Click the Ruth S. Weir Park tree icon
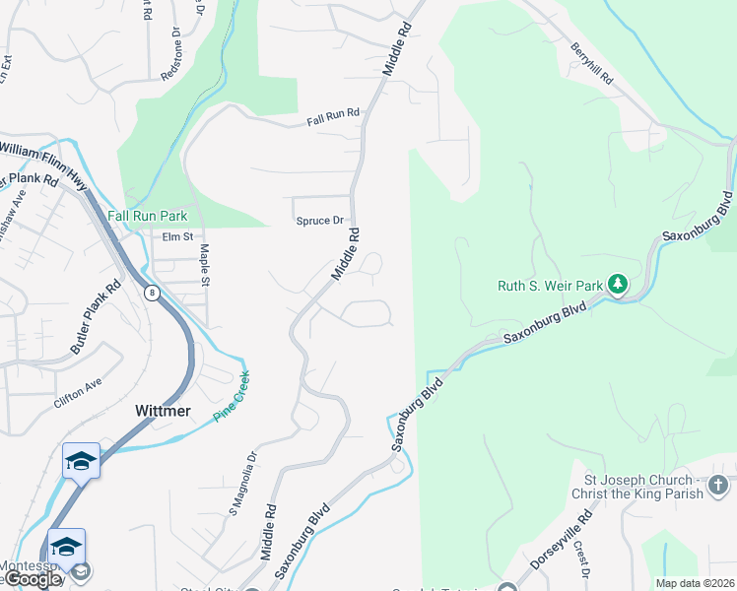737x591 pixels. click(618, 285)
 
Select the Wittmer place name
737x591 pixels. click(163, 410)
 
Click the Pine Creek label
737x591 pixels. click(233, 397)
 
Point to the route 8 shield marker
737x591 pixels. click(152, 293)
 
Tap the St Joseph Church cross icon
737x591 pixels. click(718, 486)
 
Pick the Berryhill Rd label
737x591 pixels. click(591, 62)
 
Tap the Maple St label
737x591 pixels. click(205, 266)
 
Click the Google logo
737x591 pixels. click(32, 579)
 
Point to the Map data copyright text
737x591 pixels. click(695, 583)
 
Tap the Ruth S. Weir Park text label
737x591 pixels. click(549, 287)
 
